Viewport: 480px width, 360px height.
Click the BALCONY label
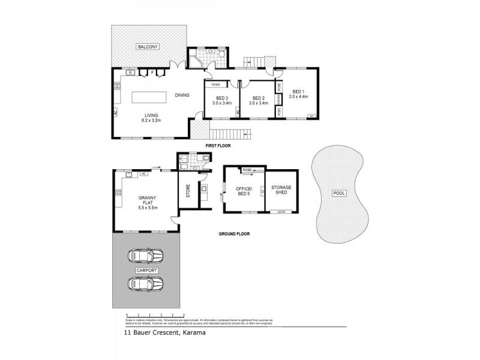coord(147,46)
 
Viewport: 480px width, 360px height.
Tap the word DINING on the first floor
coord(182,95)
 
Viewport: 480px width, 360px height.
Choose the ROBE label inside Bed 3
coord(215,85)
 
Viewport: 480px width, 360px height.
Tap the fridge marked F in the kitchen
coord(153,73)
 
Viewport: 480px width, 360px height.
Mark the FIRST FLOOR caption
coord(218,146)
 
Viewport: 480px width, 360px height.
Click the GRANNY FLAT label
coord(147,201)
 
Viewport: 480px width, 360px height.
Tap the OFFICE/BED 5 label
coord(243,192)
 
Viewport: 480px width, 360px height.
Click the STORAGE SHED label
coord(280,190)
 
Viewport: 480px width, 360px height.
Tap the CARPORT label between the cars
coord(147,271)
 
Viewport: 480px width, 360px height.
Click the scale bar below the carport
coord(150,315)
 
